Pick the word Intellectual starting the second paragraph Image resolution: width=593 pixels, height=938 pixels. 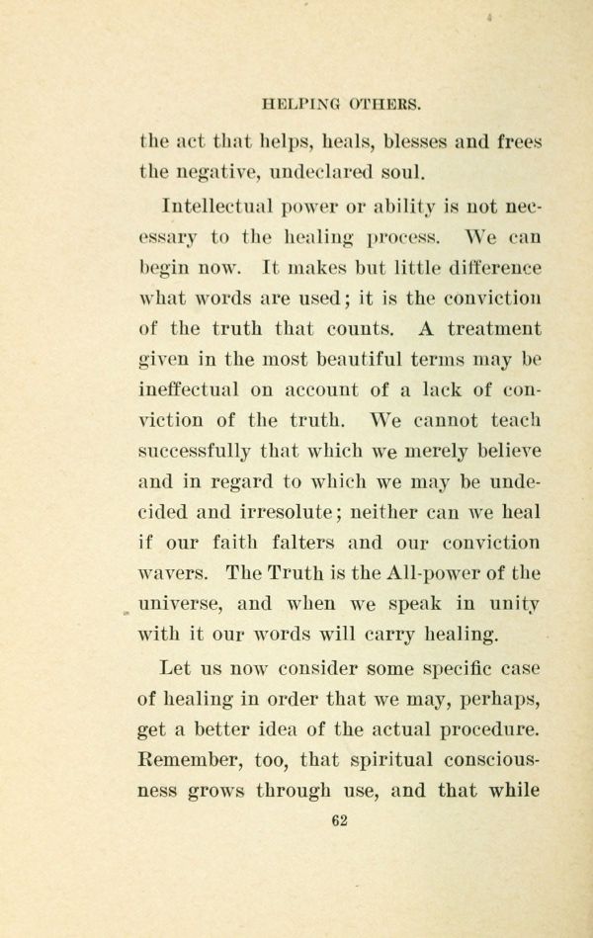213,207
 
